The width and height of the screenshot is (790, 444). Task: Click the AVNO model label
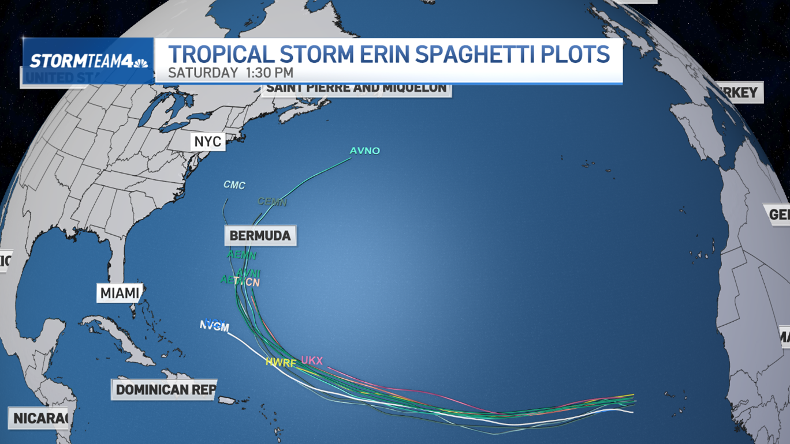365,151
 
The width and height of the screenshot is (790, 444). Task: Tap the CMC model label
234,185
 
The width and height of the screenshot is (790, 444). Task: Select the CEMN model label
272,202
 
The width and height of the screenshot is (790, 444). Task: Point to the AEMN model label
241,254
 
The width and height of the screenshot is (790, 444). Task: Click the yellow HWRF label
281,363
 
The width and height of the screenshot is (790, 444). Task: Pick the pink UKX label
312,360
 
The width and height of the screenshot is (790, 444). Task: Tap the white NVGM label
215,326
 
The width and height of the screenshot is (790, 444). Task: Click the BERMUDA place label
260,236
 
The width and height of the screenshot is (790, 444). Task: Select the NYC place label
208,142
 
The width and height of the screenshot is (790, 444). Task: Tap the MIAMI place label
120,293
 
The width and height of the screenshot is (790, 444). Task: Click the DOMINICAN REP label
166,390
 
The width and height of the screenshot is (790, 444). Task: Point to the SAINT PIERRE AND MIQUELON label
356,88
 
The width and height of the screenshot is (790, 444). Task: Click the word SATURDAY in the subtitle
203,73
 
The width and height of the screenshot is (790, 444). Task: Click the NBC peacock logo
140,62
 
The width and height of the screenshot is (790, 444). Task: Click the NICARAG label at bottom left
39,418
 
